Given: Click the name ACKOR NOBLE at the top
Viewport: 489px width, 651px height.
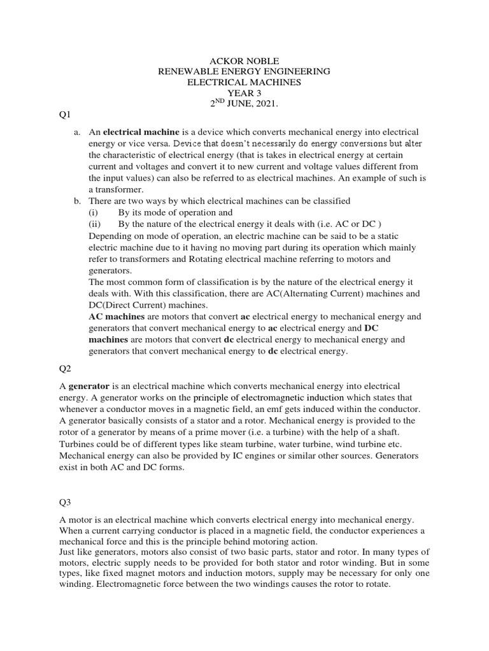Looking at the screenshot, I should pos(244,61).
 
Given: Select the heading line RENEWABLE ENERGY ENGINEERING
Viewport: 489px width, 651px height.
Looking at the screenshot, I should pos(244,72).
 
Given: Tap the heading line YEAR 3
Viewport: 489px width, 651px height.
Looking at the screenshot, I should pos(244,93).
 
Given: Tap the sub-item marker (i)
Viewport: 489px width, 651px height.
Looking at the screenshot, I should pos(94,212).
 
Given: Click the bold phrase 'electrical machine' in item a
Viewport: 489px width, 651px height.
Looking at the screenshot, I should pos(141,132).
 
